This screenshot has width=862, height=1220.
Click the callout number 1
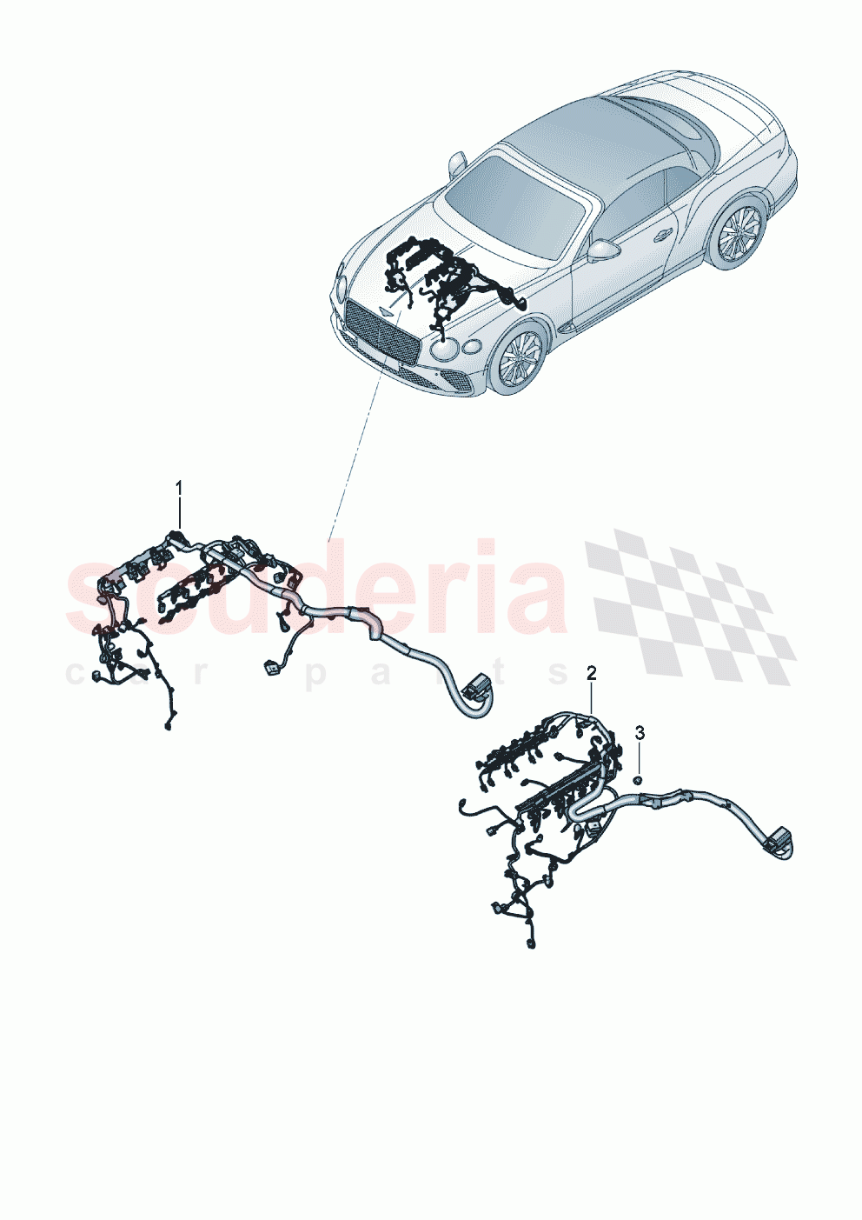[180, 487]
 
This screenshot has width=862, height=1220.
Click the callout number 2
[592, 672]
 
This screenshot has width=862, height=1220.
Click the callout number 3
[640, 732]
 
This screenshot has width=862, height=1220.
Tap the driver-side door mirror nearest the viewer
[602, 250]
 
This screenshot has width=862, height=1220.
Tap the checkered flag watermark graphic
[691, 604]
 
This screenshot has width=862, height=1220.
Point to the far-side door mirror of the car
[457, 163]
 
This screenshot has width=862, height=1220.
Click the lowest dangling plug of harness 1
[168, 723]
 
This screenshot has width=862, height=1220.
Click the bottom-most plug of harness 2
[530, 943]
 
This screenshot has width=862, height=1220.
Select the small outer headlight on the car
[472, 348]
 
